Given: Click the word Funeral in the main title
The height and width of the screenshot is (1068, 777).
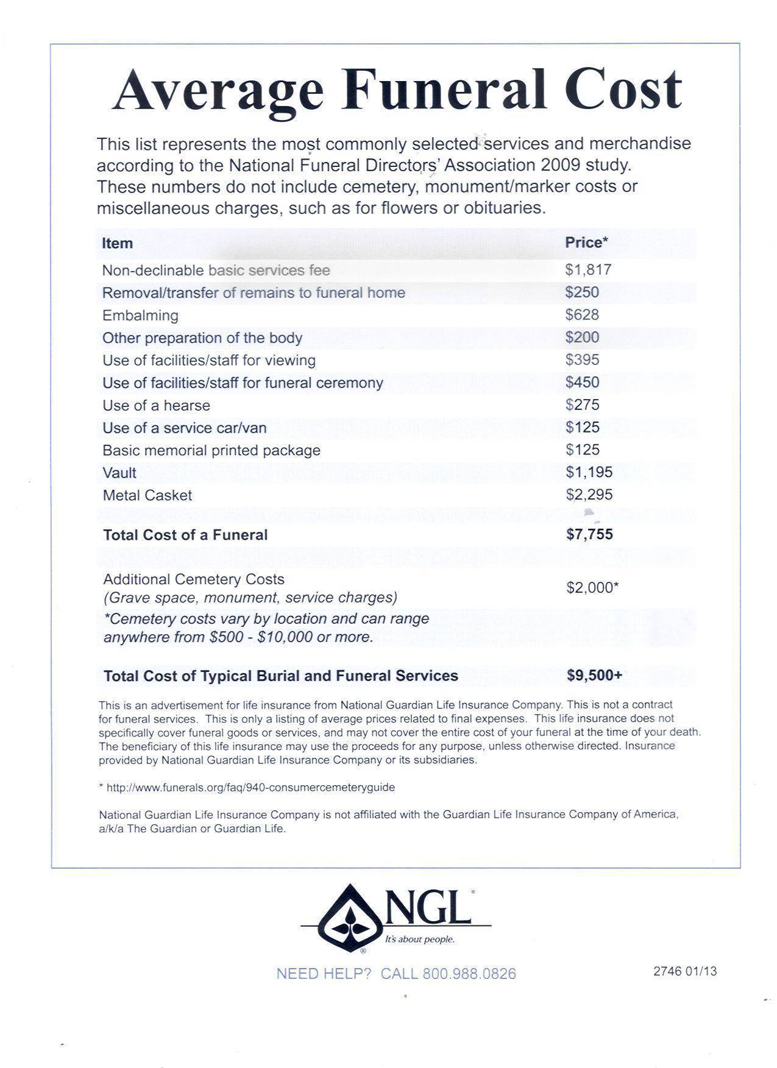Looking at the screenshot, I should [443, 90].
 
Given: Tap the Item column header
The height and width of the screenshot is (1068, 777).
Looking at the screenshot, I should [117, 244].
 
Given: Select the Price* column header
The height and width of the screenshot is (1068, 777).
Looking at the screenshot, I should [586, 242].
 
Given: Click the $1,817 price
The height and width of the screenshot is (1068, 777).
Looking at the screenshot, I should [588, 270].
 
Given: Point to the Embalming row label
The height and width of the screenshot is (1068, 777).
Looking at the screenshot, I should [140, 316].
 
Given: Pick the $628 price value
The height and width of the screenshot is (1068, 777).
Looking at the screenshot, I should [582, 315].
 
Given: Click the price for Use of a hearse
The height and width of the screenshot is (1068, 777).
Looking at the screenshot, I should [582, 405].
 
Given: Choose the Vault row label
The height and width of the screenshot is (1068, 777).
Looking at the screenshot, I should [119, 473].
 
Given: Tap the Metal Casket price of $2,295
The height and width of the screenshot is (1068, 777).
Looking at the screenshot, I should [589, 495].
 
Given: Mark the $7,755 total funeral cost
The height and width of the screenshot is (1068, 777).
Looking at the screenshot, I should [589, 534].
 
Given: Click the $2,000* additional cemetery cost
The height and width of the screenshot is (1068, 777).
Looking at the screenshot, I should [592, 587].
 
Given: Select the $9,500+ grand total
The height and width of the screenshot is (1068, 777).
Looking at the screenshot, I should [594, 675].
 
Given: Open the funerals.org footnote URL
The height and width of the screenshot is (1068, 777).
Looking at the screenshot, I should [250, 787].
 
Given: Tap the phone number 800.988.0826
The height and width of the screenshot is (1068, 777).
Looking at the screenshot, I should [469, 974].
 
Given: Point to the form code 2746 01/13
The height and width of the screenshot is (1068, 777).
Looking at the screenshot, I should [685, 971].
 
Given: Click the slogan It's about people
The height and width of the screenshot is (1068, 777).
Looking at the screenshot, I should [419, 939].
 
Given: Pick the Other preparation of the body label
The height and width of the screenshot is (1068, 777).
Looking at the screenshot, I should [202, 338].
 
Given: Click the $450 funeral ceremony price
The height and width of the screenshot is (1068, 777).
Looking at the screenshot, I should [582, 383].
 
